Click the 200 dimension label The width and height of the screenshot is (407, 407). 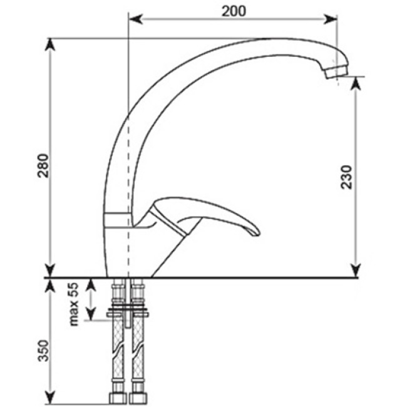234,11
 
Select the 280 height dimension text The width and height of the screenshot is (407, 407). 43,165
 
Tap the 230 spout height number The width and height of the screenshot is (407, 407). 346,177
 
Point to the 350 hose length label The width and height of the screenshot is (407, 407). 43,351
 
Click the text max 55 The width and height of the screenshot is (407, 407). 73,304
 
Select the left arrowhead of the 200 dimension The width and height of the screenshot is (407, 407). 135,19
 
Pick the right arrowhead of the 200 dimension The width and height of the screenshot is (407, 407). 330,19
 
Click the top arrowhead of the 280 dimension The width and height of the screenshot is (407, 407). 50,46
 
